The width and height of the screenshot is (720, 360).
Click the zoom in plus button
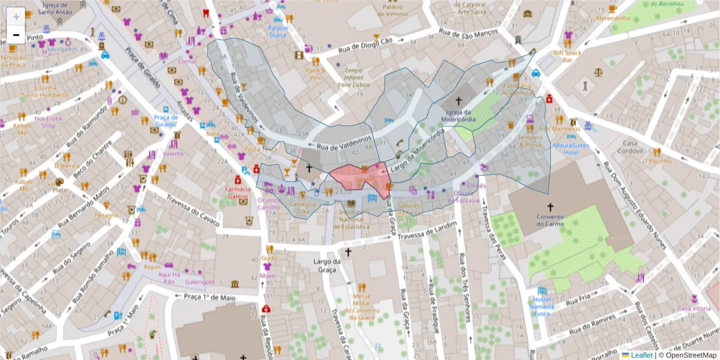pyautogui.click(x=16, y=16)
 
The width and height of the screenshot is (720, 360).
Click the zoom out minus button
pyautogui.click(x=16, y=35)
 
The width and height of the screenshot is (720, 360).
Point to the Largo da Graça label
pyautogui.click(x=327, y=266)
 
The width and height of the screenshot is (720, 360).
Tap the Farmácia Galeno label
pyautogui.click(x=236, y=192)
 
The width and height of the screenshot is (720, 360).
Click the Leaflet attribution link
pyautogui.click(x=641, y=355)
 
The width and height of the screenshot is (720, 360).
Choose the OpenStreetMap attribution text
pyautogui.click(x=690, y=355)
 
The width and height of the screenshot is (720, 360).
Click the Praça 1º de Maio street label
pyautogui.click(x=208, y=296)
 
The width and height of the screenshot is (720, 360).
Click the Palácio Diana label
pyautogui.click(x=277, y=31)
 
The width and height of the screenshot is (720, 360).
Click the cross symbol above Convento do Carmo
pyautogui.click(x=550, y=207)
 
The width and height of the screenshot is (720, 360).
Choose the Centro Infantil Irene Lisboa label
pyautogui.click(x=353, y=77)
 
